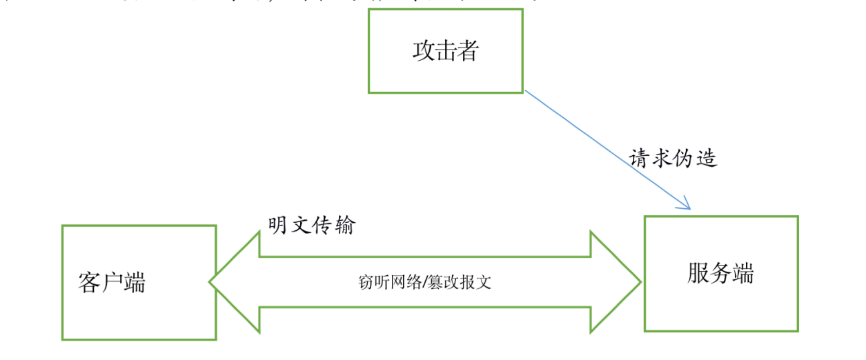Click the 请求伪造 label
(x=673, y=158)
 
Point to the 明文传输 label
(x=311, y=225)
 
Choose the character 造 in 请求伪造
(x=707, y=158)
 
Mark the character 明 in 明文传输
(x=278, y=225)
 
